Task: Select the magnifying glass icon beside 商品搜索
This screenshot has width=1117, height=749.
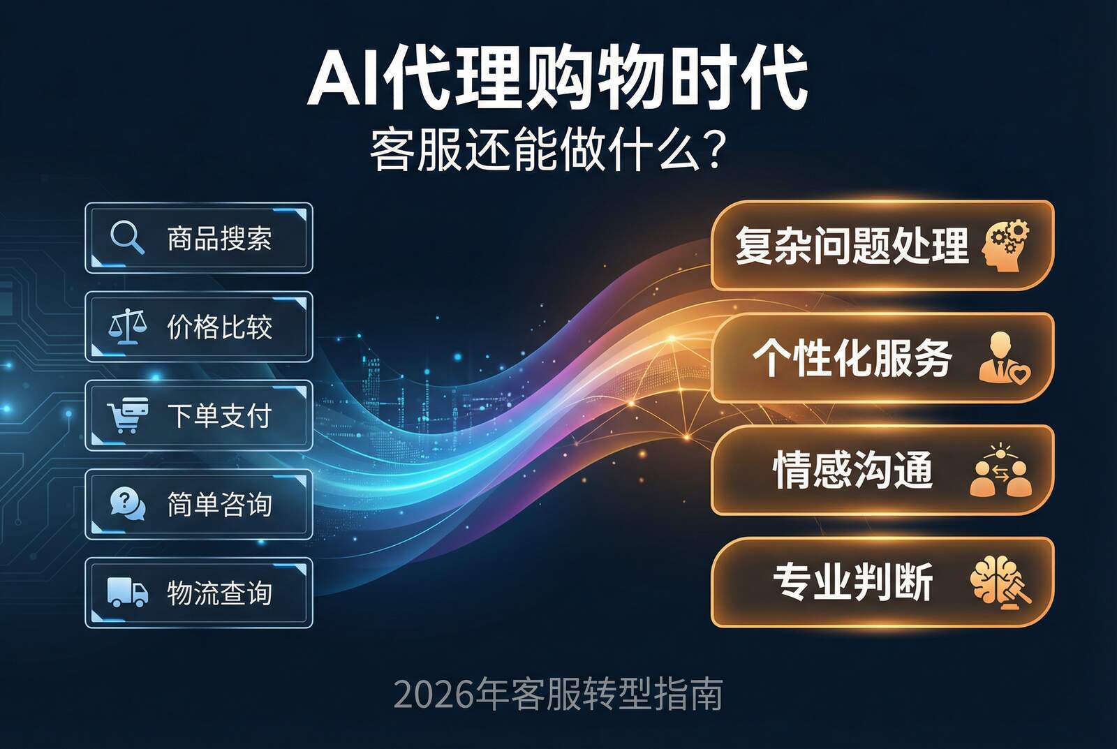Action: tap(127, 237)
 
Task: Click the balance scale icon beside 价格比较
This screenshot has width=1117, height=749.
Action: tap(127, 326)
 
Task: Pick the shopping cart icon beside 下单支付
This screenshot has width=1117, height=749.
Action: tap(127, 415)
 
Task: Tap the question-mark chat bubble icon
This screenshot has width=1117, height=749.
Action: tap(127, 503)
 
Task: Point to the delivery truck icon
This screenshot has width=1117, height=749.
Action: tap(127, 592)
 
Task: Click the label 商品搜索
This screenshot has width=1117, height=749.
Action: tap(219, 239)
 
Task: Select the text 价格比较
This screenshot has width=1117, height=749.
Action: tap(219, 327)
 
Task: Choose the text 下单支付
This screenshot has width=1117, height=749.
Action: tap(219, 416)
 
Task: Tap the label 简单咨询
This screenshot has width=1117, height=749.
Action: tap(219, 504)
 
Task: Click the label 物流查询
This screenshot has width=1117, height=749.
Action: tap(219, 593)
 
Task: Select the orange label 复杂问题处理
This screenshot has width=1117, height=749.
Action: tap(852, 246)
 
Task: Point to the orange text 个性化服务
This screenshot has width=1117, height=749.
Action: tap(852, 358)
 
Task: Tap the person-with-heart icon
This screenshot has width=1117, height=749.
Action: tap(1003, 358)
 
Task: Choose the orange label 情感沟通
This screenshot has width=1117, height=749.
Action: tap(852, 470)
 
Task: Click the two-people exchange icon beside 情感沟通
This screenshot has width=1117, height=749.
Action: tap(1001, 470)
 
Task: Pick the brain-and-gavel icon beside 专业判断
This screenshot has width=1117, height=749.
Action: tap(1001, 581)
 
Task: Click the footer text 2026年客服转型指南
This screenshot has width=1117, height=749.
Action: tap(558, 694)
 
